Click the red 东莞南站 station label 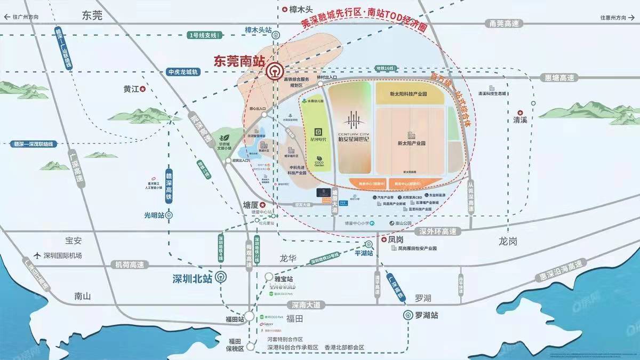(x=238, y=60)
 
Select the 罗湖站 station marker (x=408, y=315)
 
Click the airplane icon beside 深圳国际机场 (x=36, y=255)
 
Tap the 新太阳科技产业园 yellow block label (x=409, y=94)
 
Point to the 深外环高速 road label (x=438, y=231)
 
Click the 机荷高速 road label (x=130, y=264)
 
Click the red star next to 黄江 (x=143, y=90)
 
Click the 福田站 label (x=234, y=319)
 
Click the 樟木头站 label (x=258, y=30)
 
